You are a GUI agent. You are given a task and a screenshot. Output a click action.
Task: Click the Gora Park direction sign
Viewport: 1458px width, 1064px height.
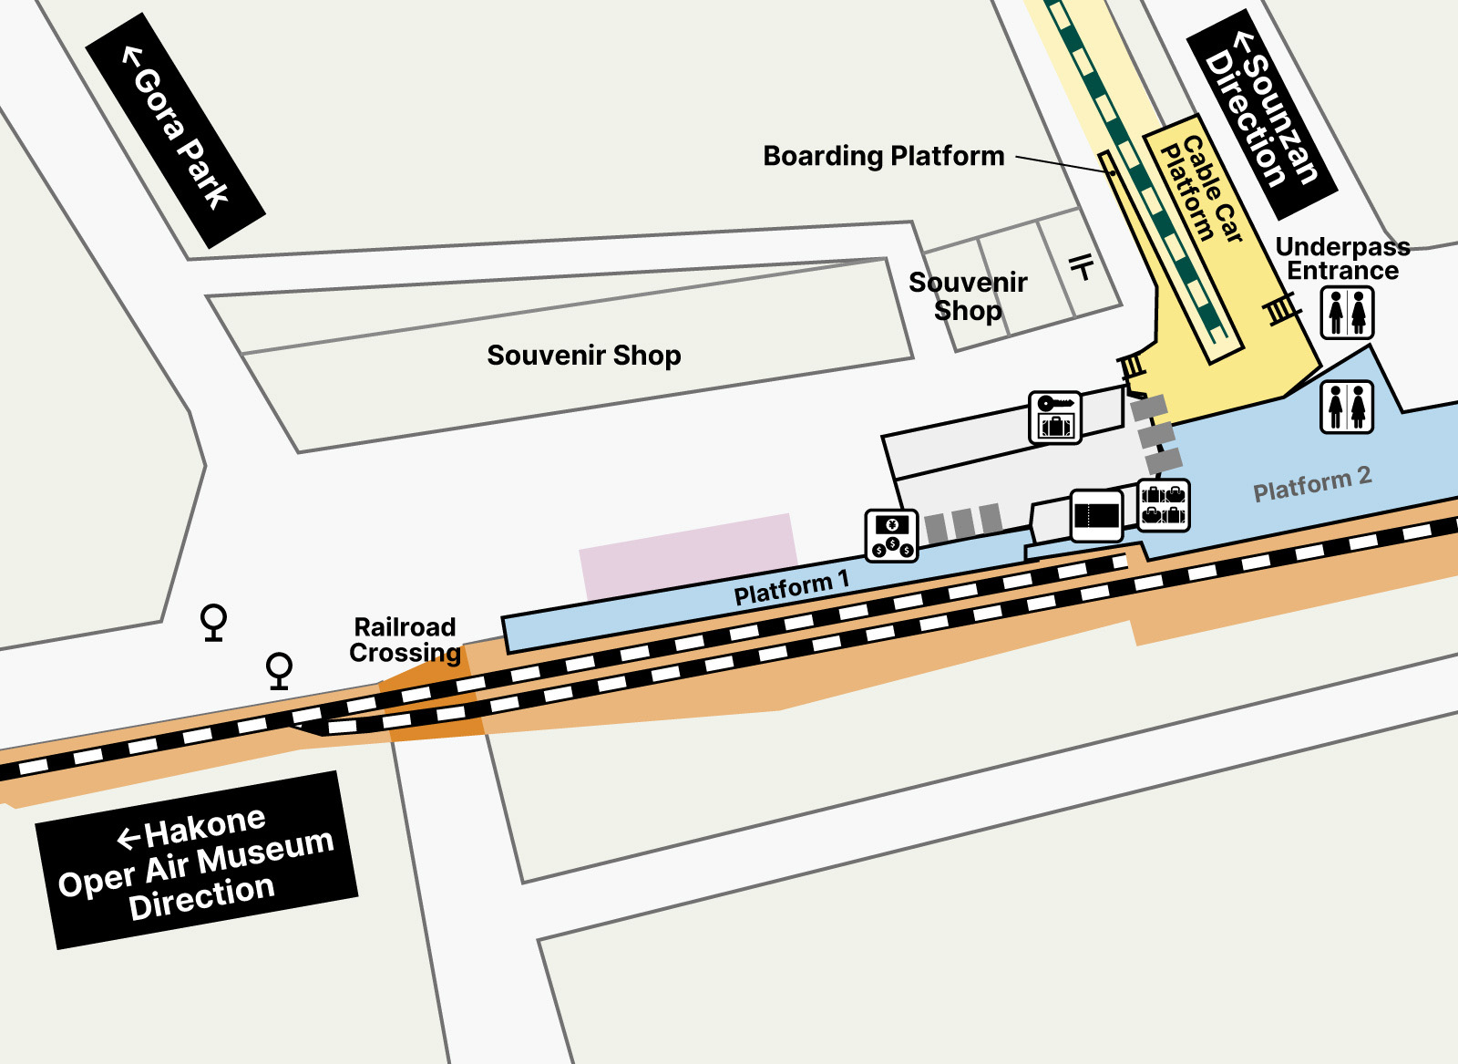pyautogui.click(x=175, y=130)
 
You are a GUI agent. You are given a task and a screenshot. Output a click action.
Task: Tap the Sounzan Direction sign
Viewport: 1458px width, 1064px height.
pyautogui.click(x=1262, y=113)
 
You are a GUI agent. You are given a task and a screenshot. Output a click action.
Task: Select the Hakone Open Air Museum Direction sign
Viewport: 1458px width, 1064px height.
pyautogui.click(x=196, y=861)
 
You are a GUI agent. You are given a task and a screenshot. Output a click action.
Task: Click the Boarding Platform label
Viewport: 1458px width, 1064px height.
pyautogui.click(x=883, y=156)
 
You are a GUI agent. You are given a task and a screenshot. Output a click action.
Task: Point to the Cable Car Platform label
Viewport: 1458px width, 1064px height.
pyautogui.click(x=1200, y=190)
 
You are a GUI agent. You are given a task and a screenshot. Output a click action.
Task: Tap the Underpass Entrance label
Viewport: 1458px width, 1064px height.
pyautogui.click(x=1342, y=259)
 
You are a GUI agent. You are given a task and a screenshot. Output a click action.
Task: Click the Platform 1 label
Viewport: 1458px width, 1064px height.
pyautogui.click(x=791, y=588)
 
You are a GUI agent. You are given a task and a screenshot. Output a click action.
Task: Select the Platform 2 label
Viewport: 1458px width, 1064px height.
pyautogui.click(x=1311, y=484)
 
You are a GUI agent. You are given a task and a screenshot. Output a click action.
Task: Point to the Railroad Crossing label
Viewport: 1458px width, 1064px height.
pyautogui.click(x=405, y=640)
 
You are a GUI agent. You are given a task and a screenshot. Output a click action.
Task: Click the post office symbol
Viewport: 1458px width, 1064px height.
pyautogui.click(x=1081, y=266)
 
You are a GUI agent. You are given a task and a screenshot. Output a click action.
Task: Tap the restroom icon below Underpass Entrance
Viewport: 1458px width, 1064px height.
pyautogui.click(x=1347, y=313)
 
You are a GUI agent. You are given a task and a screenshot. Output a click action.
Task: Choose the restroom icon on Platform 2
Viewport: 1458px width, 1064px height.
pyautogui.click(x=1346, y=407)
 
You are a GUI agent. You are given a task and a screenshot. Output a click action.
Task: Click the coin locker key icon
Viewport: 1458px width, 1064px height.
pyautogui.click(x=1054, y=418)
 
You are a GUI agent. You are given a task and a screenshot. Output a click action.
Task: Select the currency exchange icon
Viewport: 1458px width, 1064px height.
pyautogui.click(x=891, y=535)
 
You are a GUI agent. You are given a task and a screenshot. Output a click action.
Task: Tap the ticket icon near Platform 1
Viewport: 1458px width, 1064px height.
pyautogui.click(x=1096, y=515)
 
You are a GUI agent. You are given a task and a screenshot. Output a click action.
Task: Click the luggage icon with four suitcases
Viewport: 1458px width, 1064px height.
pyautogui.click(x=1164, y=505)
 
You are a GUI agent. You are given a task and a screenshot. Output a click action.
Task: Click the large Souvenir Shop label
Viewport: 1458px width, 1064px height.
pyautogui.click(x=583, y=355)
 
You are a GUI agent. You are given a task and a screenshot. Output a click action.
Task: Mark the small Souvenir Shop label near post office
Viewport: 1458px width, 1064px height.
pyautogui.click(x=968, y=296)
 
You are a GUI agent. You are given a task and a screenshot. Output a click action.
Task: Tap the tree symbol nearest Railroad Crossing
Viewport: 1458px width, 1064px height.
pyautogui.click(x=279, y=670)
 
